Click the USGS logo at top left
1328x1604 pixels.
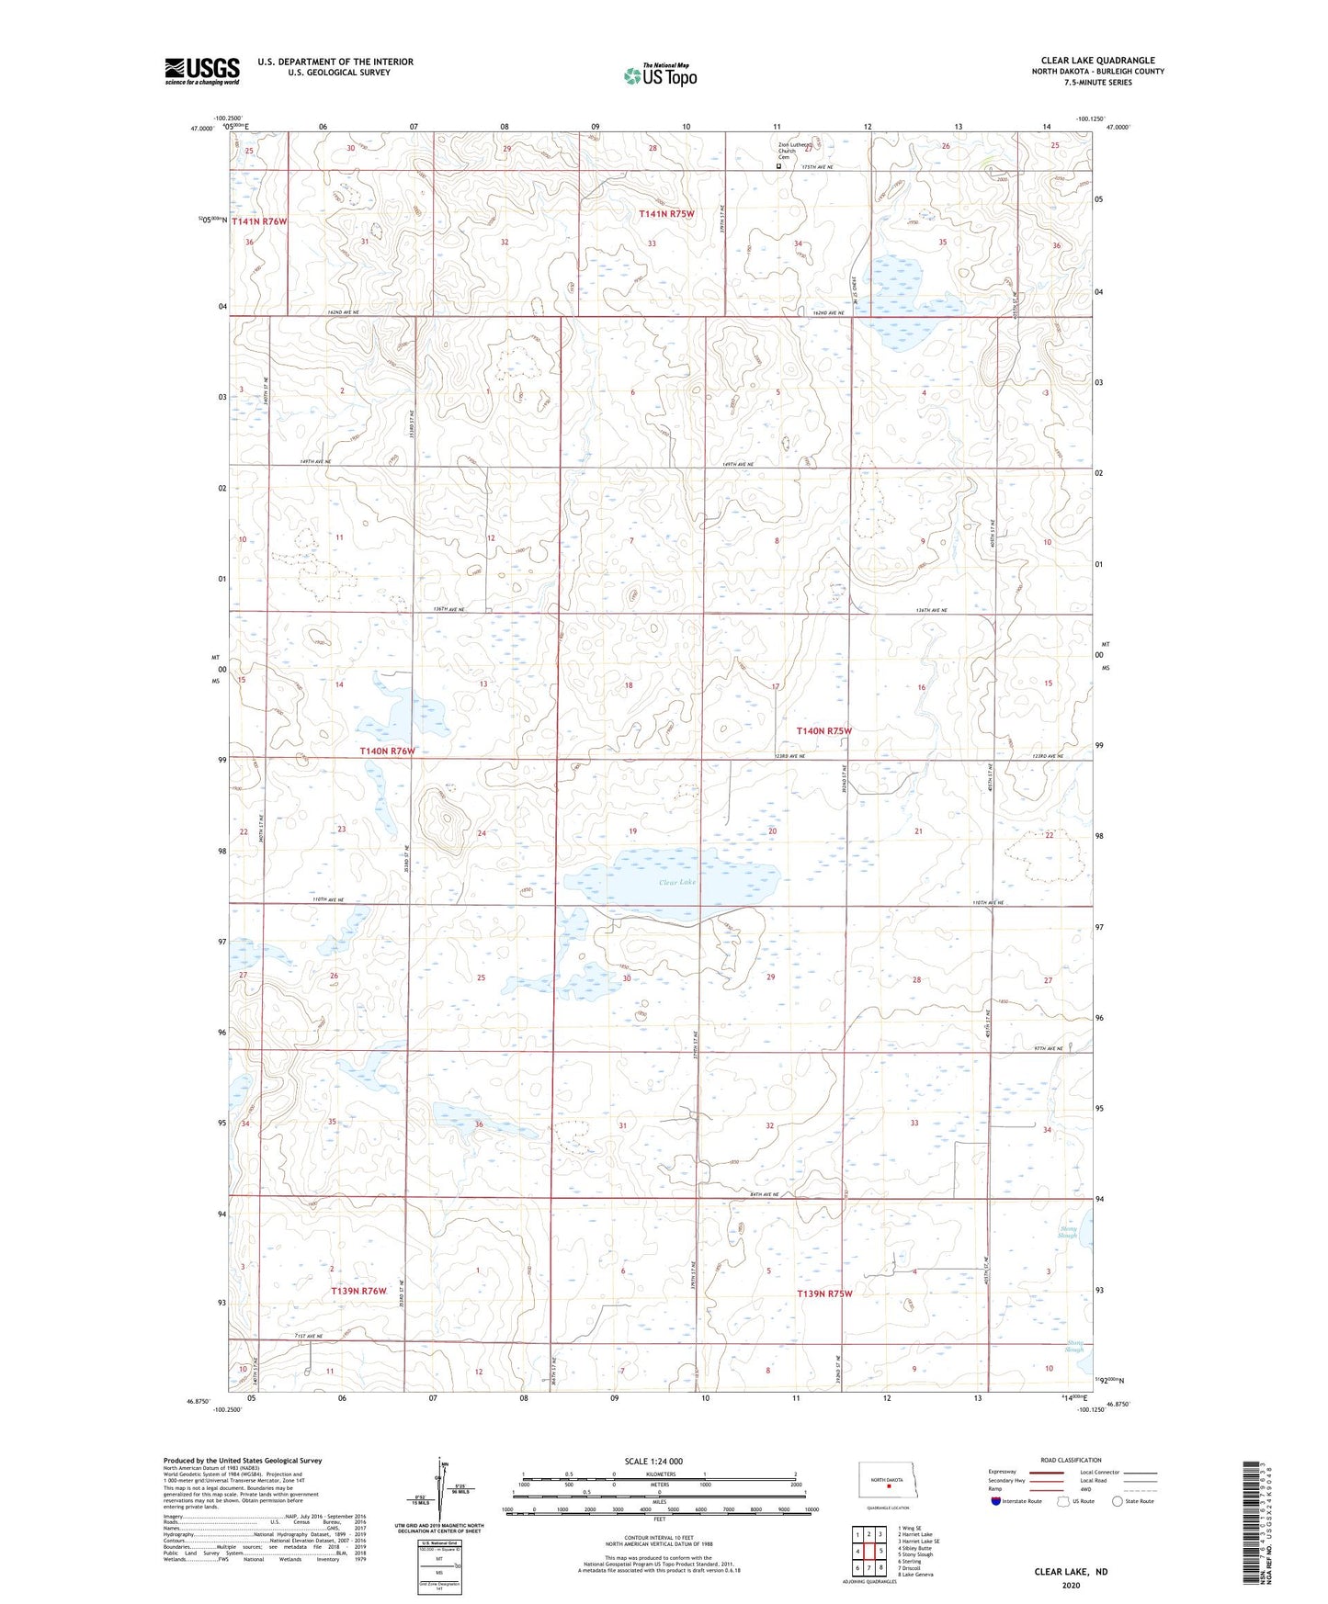point(202,71)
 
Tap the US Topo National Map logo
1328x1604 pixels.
point(660,75)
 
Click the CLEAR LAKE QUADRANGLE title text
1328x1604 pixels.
point(1097,61)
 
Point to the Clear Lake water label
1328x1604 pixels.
point(677,882)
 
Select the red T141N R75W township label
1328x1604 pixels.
point(666,213)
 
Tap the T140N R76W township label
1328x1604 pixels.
point(387,751)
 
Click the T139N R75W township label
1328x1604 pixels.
point(824,1293)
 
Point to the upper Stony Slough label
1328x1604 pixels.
point(1067,1232)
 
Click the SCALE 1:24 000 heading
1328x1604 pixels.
point(653,1461)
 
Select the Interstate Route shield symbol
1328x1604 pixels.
point(996,1501)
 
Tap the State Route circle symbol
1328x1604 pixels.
point(1118,1501)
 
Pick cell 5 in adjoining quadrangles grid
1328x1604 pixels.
point(880,1551)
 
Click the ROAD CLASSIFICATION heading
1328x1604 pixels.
point(1071,1460)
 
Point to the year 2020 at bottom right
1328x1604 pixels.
point(1071,1585)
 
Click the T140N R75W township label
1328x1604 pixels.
point(824,730)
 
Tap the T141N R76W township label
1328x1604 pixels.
point(259,221)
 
